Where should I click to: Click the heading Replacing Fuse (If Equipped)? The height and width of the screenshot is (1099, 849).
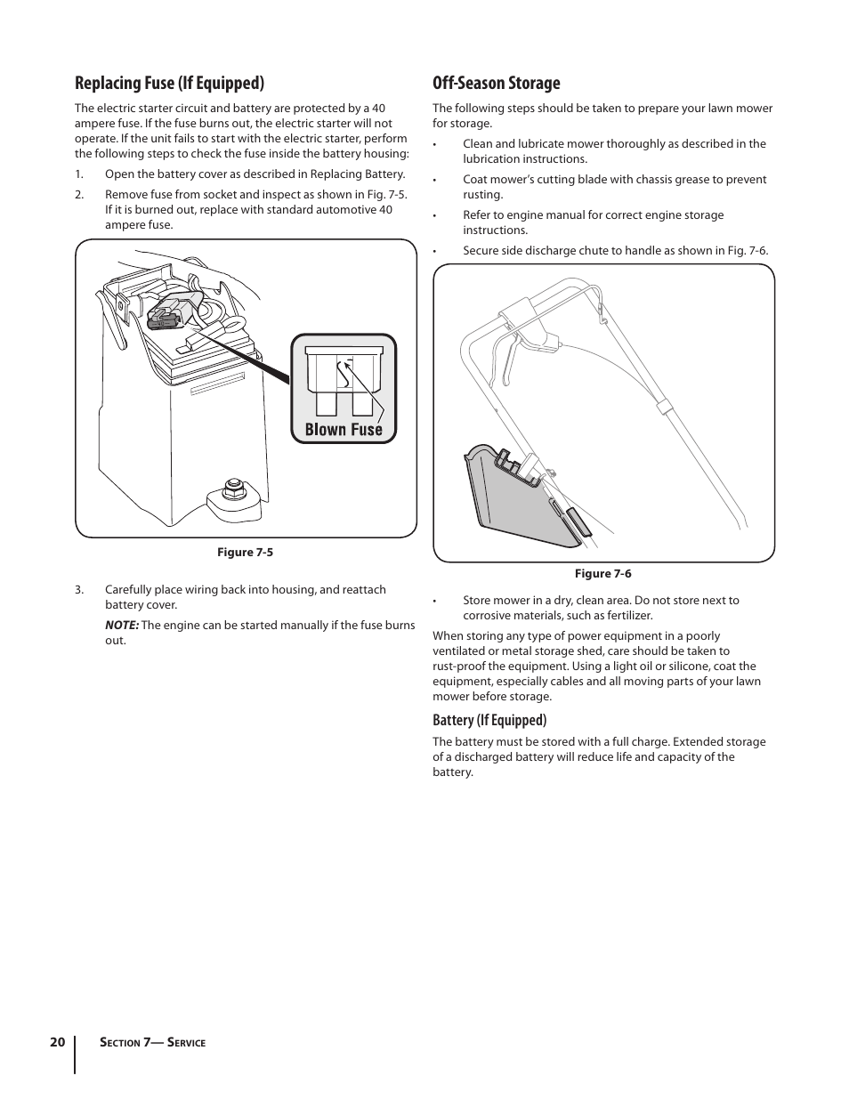coord(169,83)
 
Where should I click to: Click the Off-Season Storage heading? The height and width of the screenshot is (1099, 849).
coord(496,83)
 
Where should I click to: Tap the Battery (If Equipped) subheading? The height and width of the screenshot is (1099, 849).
coord(489,720)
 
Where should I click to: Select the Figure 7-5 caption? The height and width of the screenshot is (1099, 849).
coord(245,553)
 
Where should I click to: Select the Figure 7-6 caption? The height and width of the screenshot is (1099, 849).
coord(602,574)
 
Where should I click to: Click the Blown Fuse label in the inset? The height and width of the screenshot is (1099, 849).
coord(344,430)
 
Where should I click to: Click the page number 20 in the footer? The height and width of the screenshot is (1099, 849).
coord(57,1042)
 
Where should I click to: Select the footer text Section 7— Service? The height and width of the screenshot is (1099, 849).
coord(152,1043)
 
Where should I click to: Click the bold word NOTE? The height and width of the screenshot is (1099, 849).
coord(122,626)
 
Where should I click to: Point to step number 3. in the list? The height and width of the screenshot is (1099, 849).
coord(79,590)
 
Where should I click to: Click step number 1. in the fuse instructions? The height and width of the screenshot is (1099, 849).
coord(79,174)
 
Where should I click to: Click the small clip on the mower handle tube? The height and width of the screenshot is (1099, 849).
coord(661,408)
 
